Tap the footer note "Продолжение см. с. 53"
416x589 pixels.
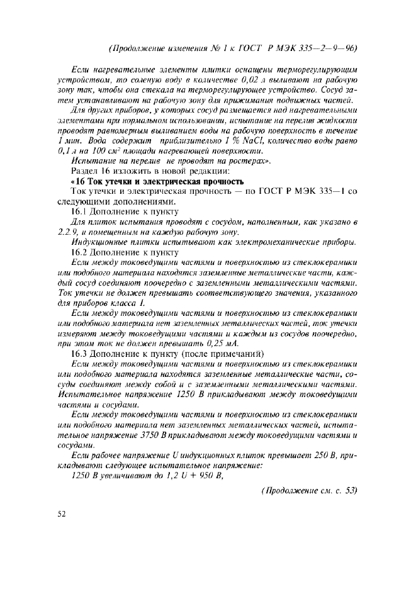pos(309,490)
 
